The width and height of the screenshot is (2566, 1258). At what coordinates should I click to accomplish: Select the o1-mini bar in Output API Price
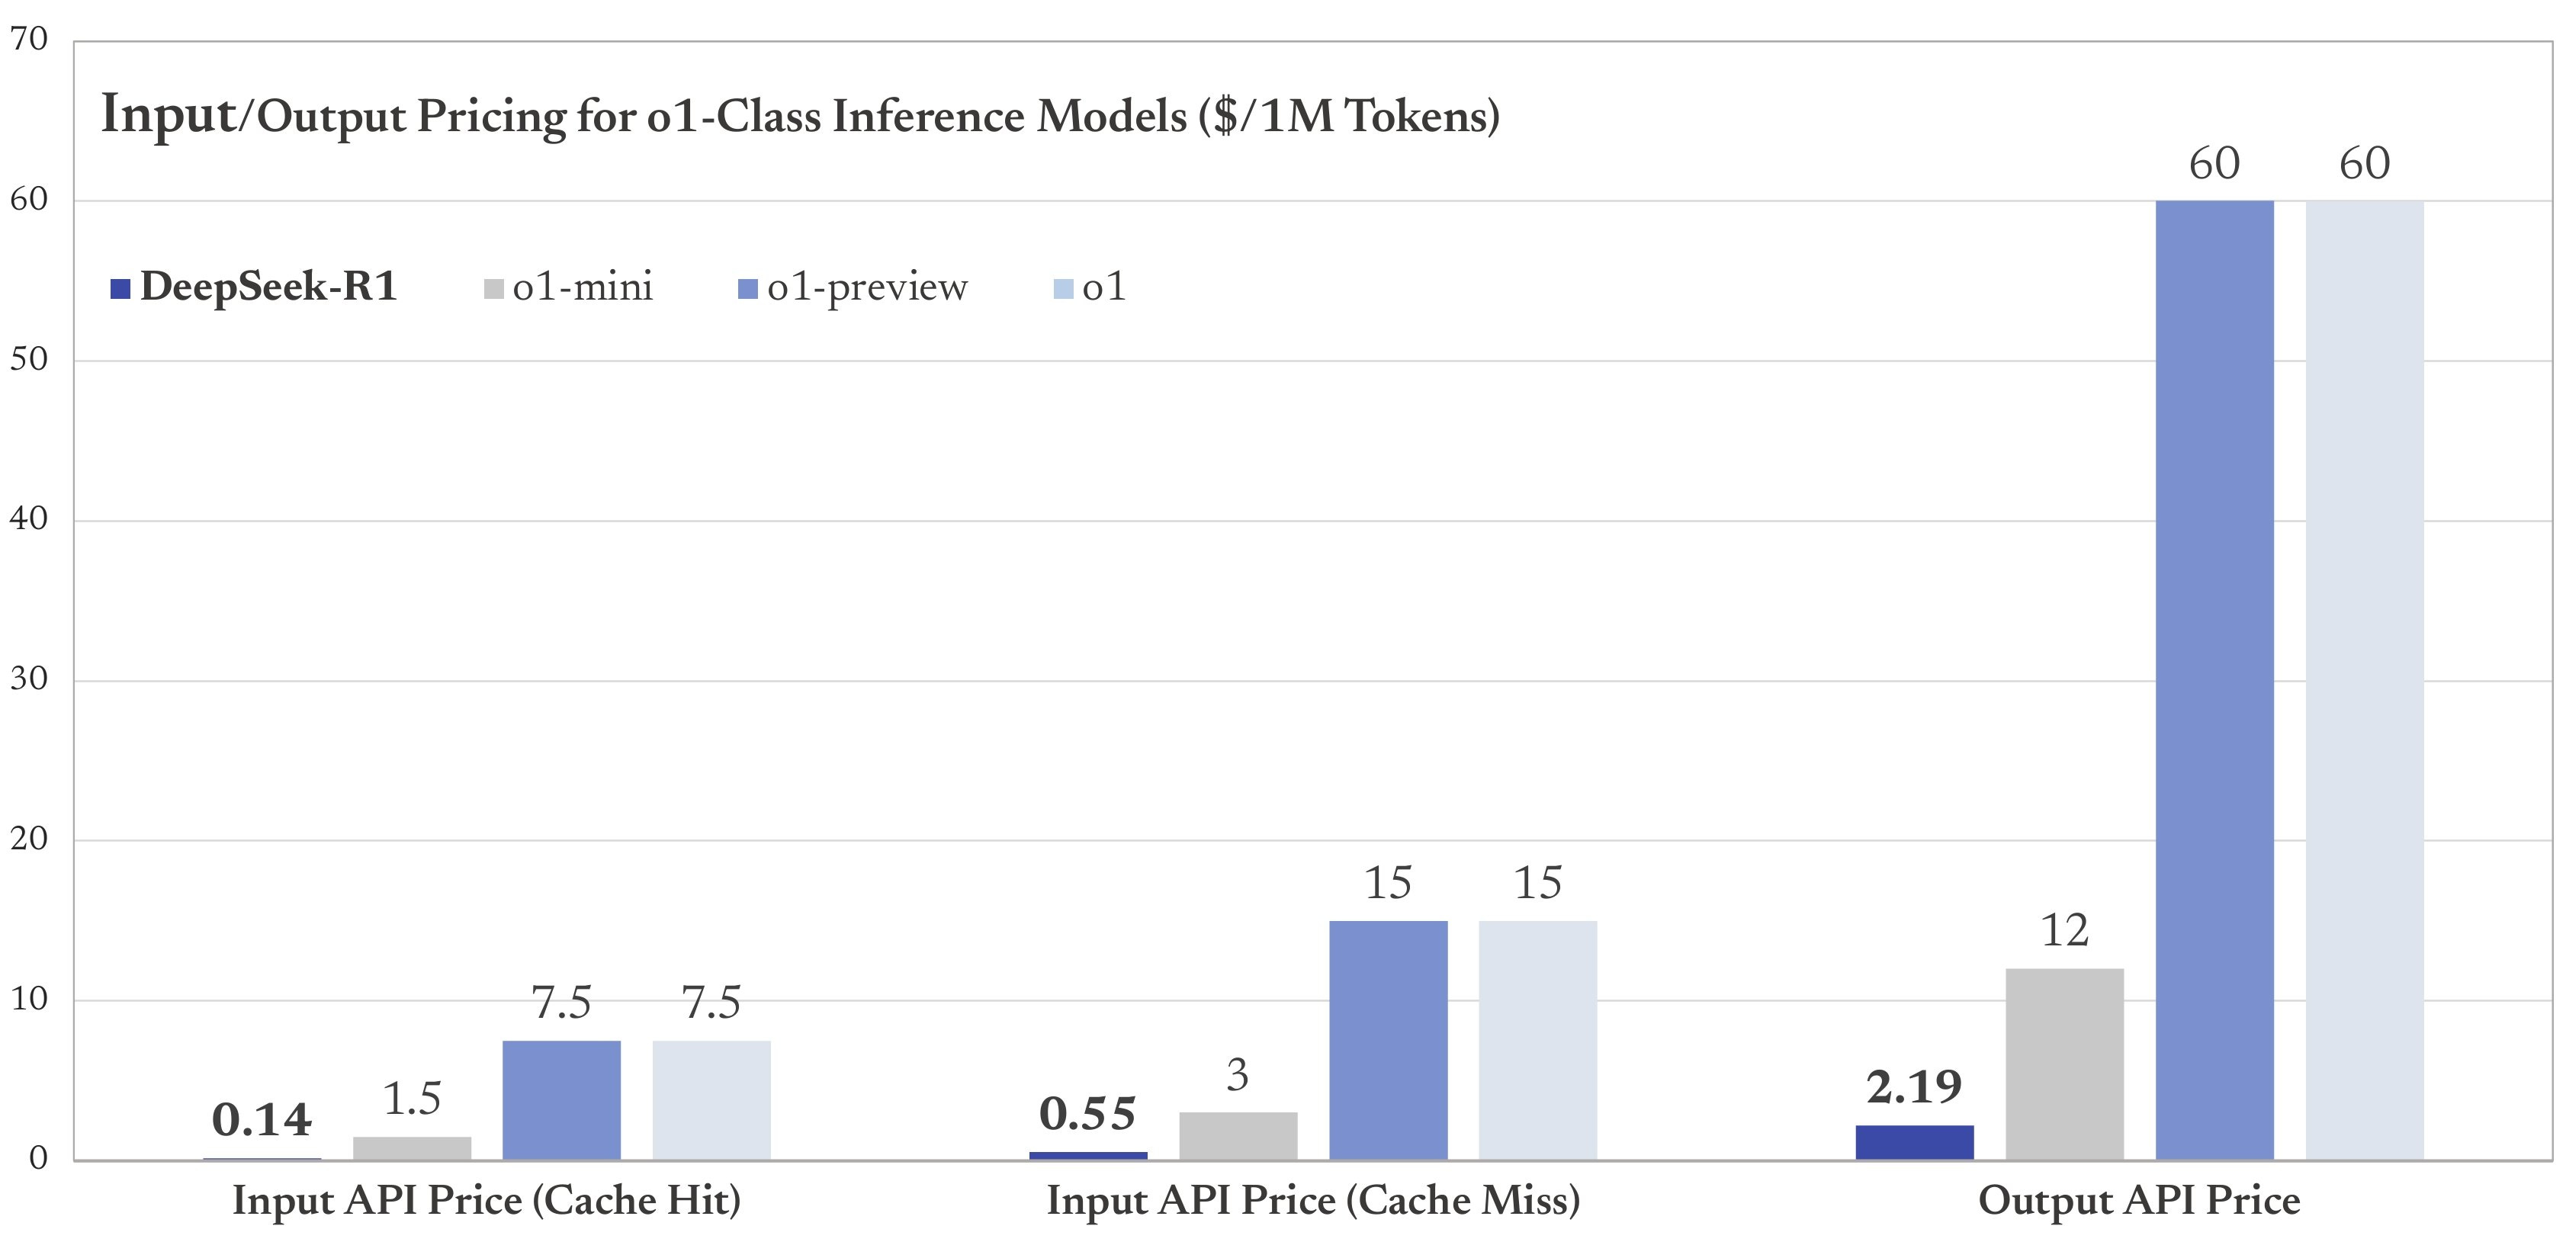click(x=2064, y=1064)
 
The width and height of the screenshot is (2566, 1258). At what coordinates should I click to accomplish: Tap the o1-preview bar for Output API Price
click(x=2214, y=679)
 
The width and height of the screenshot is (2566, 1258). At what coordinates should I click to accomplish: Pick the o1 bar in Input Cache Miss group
click(x=1537, y=1040)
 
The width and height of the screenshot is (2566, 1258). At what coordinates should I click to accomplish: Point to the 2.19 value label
click(x=1913, y=1086)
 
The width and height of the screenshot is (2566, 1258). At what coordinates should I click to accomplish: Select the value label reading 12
click(x=2064, y=930)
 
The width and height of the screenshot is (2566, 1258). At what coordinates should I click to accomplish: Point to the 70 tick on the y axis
click(x=29, y=39)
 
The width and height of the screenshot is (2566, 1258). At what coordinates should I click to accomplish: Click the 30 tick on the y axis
click(x=29, y=679)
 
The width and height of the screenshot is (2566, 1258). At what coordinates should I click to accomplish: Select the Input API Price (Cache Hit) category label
click(x=486, y=1200)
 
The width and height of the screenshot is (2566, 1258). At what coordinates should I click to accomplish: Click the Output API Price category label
click(x=2139, y=1200)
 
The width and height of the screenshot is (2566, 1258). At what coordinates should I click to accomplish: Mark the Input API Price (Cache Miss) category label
click(x=1313, y=1200)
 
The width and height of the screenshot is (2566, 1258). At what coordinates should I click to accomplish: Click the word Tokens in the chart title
click(x=1415, y=117)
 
